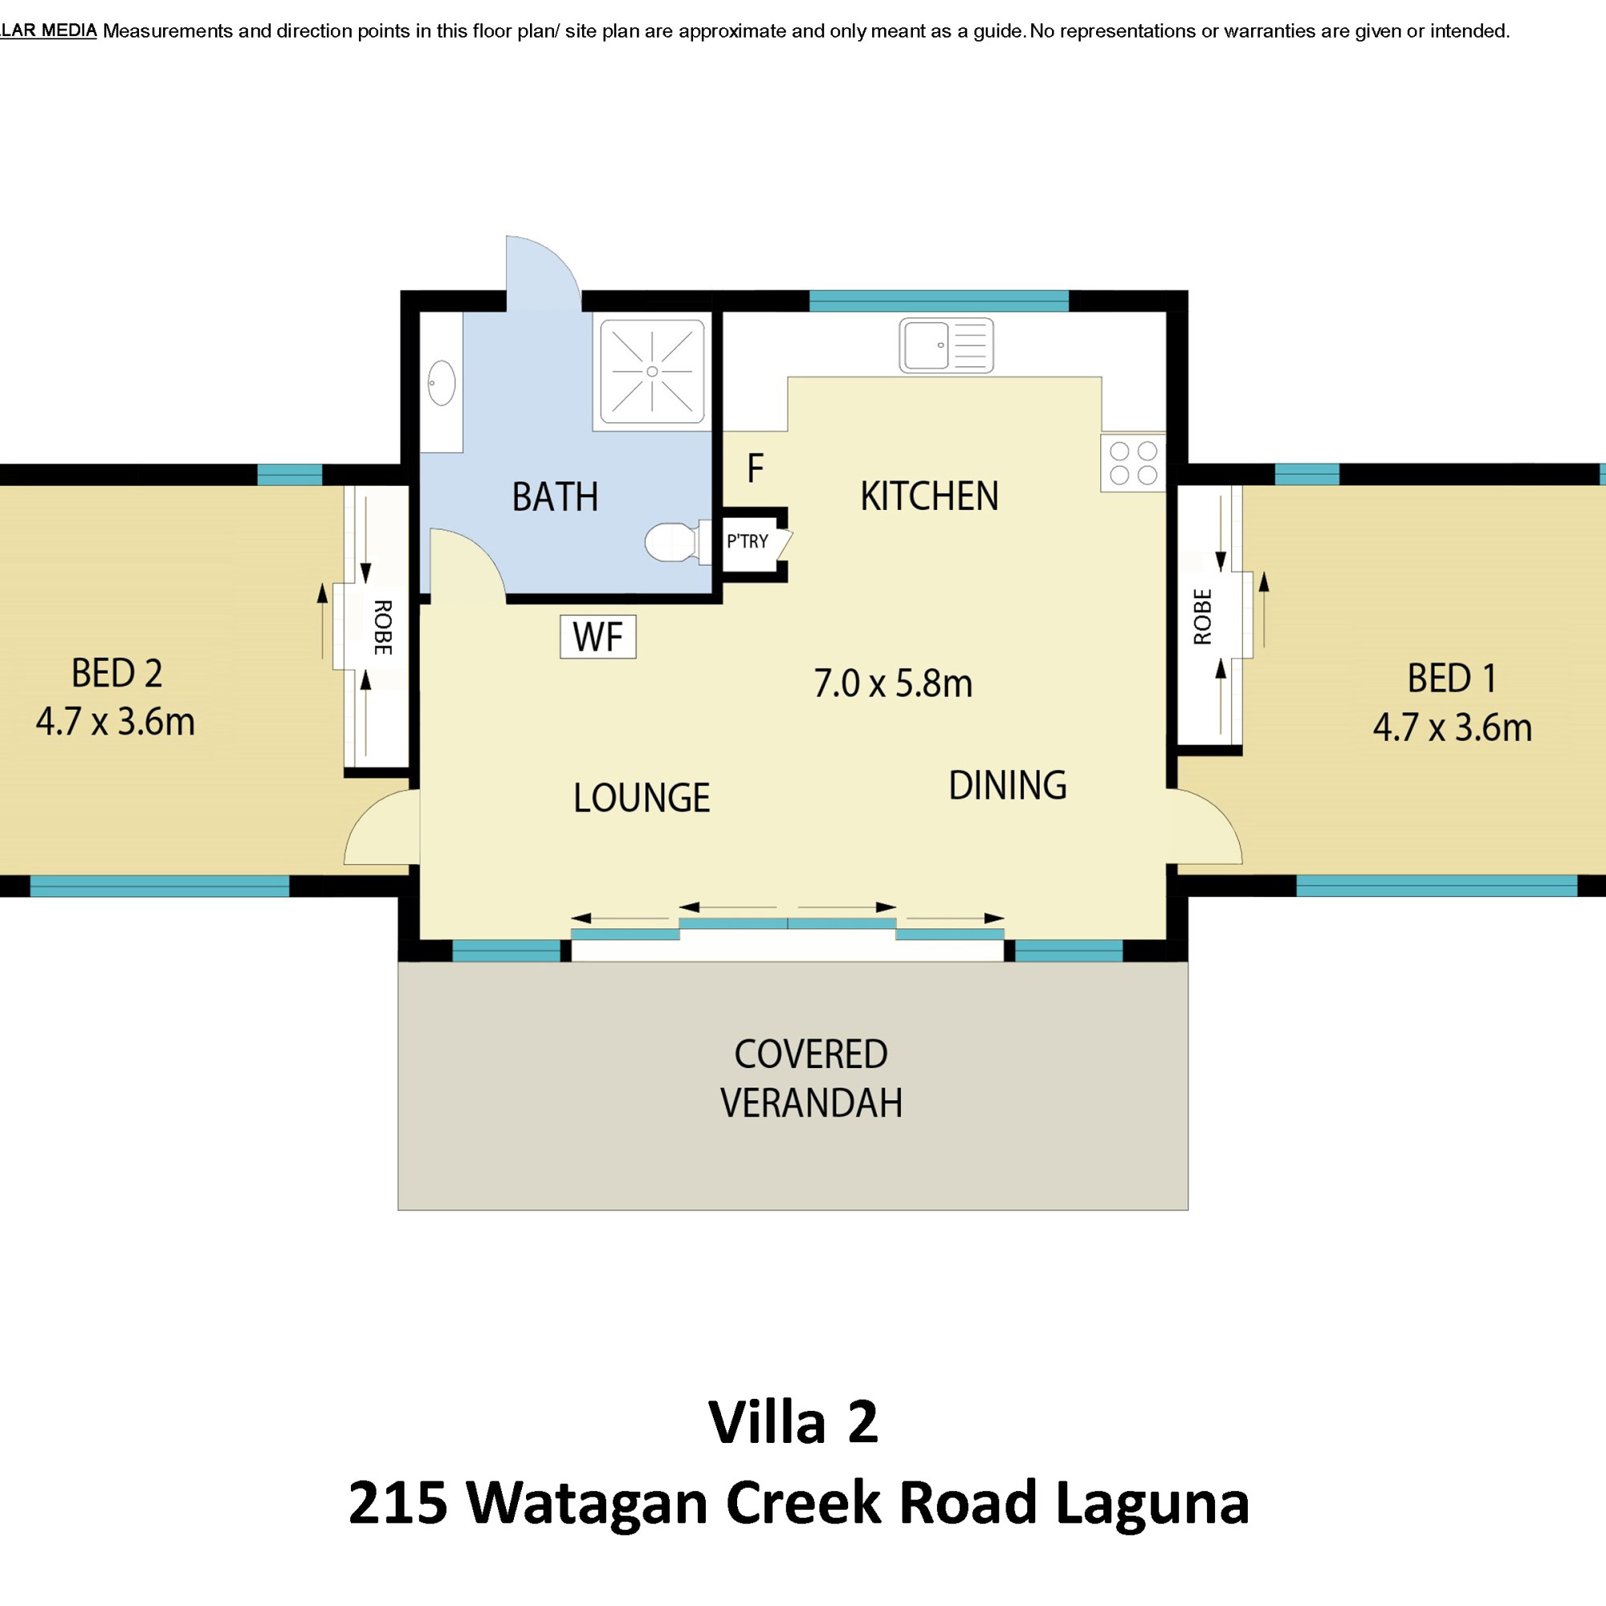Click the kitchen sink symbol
[946, 345]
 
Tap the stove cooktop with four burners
[1133, 463]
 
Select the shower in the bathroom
[652, 372]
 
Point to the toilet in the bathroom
[678, 542]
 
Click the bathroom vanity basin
[442, 383]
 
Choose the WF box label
[597, 637]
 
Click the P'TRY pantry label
[748, 542]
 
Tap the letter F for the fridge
[755, 469]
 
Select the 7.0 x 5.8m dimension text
[893, 683]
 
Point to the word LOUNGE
[642, 798]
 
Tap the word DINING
[1008, 785]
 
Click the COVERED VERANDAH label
[811, 1078]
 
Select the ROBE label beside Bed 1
[1202, 617]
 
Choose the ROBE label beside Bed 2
[382, 628]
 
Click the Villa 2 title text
[793, 1422]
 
